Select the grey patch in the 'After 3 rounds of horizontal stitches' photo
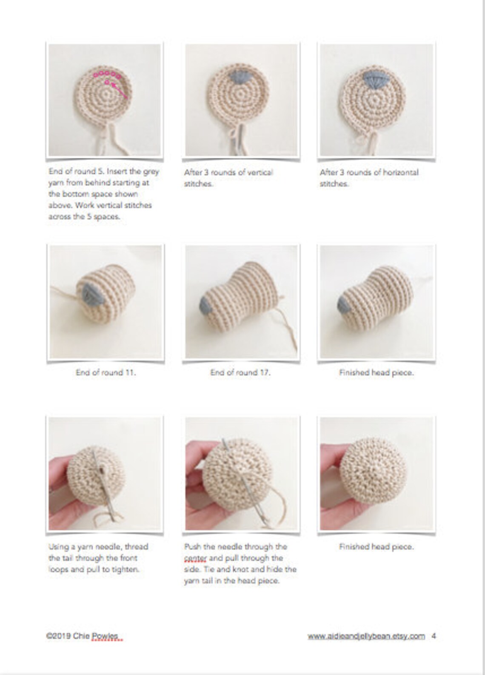coord(375,76)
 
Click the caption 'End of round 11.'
coord(106,372)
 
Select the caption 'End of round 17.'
coord(240,372)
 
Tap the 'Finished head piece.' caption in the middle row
coord(376,372)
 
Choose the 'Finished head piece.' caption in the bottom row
coord(376,546)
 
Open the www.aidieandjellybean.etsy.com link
coord(366,636)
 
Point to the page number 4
coord(434,636)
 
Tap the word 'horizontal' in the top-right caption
coord(400,172)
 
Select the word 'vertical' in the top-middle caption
coord(257,172)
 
